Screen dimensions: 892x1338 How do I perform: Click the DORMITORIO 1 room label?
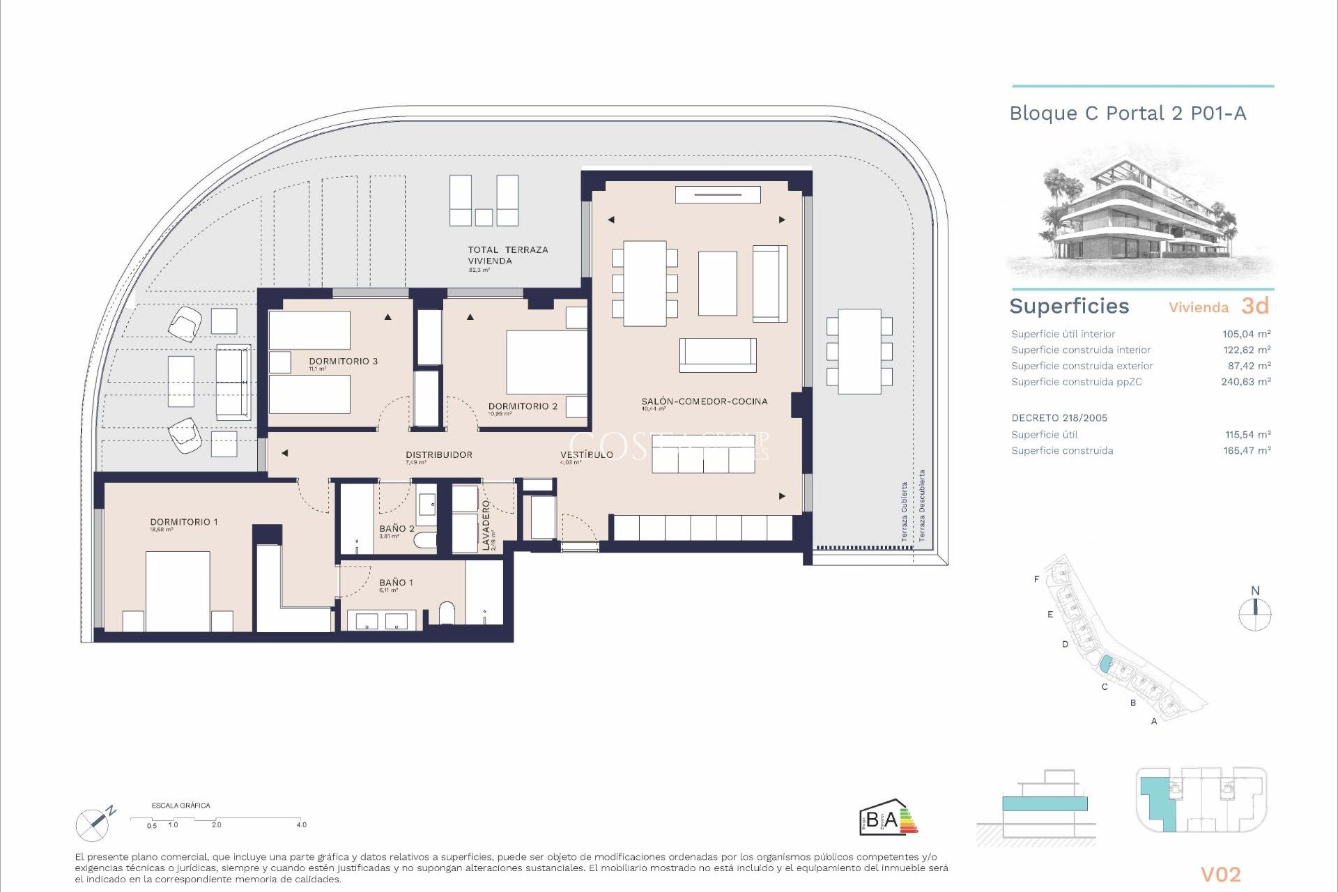click(184, 522)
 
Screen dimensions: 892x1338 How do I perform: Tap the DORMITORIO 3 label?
click(343, 361)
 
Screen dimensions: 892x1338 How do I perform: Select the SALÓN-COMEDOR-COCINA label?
click(704, 401)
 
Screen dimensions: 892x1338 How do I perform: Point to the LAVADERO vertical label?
click(486, 525)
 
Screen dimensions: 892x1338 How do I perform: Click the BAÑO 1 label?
click(396, 583)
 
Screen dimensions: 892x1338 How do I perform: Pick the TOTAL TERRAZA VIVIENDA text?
click(507, 255)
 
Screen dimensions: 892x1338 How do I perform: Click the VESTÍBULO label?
click(586, 454)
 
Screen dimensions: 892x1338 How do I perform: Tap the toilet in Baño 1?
click(447, 613)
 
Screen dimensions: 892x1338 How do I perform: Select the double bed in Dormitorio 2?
click(546, 362)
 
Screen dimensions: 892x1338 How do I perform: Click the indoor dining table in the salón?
click(645, 283)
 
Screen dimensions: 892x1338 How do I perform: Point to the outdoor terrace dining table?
click(859, 351)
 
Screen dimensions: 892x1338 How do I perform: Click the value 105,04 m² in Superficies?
click(1246, 334)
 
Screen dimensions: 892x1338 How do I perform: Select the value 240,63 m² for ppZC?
click(1245, 382)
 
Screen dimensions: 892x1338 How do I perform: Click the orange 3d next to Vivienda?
click(1254, 306)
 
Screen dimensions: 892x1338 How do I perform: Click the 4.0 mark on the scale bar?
click(301, 824)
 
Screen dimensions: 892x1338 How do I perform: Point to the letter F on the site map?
click(1036, 579)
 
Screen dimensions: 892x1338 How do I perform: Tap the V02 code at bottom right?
click(1220, 875)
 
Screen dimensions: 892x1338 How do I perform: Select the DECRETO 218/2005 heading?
click(1059, 418)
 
